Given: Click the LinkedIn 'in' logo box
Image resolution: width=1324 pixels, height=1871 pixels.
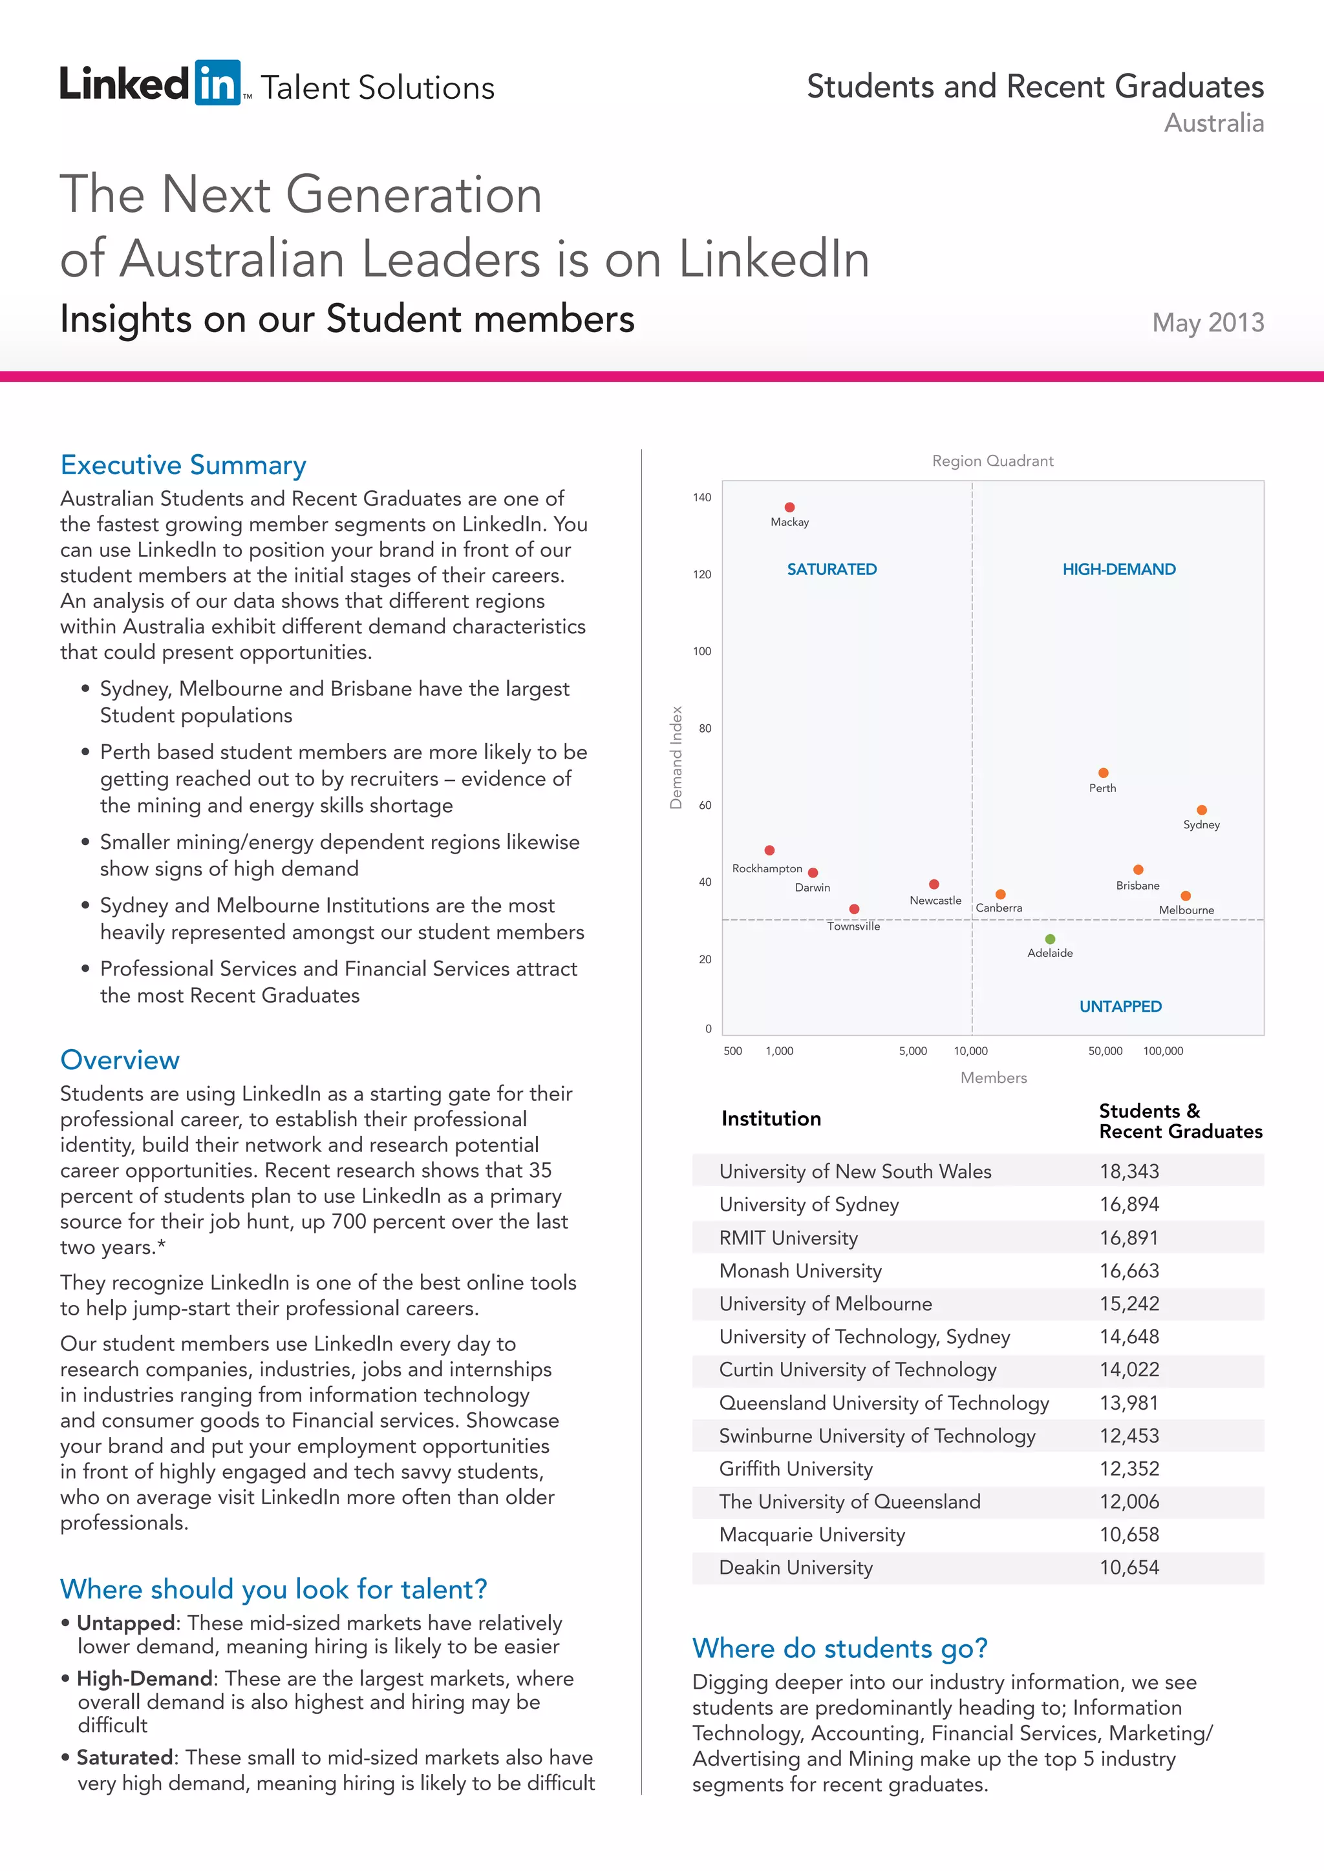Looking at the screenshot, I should point(217,83).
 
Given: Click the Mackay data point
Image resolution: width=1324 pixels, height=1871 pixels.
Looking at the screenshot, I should point(789,508).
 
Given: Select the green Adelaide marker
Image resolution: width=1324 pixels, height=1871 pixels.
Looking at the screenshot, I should point(1050,939).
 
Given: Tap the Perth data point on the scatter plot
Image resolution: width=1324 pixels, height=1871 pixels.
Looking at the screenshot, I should point(1103,773).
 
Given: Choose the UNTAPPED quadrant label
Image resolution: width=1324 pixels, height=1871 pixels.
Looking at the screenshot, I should point(1120,1007).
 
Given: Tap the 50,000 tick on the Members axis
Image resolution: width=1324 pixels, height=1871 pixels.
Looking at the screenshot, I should point(1105,1051).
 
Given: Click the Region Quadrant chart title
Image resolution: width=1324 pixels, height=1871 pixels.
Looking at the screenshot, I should point(992,461).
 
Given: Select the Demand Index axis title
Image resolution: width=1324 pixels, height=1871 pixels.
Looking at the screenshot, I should point(676,758).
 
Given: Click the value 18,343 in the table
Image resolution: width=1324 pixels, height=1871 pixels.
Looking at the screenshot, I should point(1129,1171).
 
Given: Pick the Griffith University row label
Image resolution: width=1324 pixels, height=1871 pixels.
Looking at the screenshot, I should point(796,1469).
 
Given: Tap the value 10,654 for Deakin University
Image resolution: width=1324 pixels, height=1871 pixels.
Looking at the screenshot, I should point(1129,1567).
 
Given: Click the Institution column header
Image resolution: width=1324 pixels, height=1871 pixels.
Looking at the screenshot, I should point(771,1119).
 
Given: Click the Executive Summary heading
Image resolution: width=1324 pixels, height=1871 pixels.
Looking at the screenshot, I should point(184,465).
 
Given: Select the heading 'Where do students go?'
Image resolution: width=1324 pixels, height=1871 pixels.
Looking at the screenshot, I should point(840,1647).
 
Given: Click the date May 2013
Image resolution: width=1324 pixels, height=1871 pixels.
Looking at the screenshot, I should point(1208,322).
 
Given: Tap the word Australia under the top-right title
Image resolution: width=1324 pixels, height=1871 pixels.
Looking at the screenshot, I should point(1214,123).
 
